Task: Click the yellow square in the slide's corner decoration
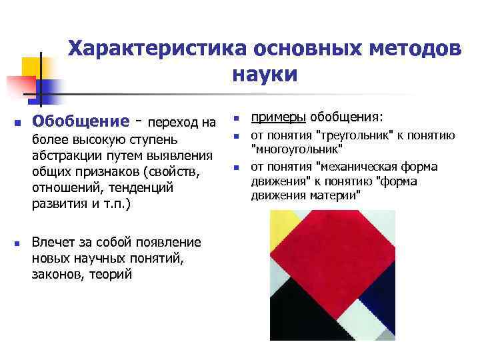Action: coord(31,67)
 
